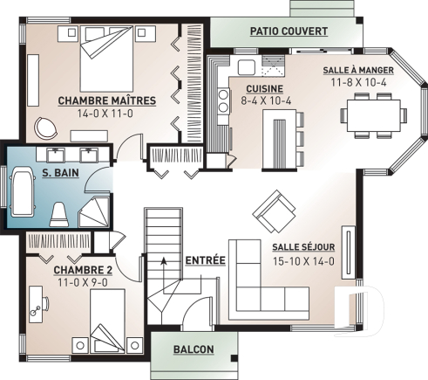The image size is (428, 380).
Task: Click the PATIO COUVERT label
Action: point(289,31)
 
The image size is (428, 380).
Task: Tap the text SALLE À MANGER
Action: point(357,70)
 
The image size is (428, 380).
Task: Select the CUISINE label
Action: point(262,89)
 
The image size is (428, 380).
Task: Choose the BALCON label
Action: point(194,349)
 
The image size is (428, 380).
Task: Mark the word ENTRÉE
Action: point(206,260)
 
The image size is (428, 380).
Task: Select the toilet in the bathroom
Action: point(59,212)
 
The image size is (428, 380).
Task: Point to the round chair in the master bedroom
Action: point(44,128)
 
